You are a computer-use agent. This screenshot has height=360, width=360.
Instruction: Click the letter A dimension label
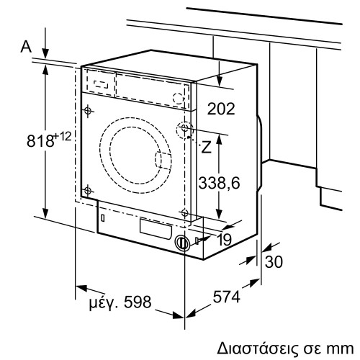[x=26, y=48]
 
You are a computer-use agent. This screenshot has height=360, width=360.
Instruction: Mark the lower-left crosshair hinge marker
[x=87, y=190]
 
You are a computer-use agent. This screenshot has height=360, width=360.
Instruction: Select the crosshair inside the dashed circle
[x=185, y=130]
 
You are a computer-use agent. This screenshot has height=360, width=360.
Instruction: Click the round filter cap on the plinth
[x=181, y=243]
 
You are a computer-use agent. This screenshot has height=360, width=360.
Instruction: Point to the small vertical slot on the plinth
[x=104, y=216]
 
